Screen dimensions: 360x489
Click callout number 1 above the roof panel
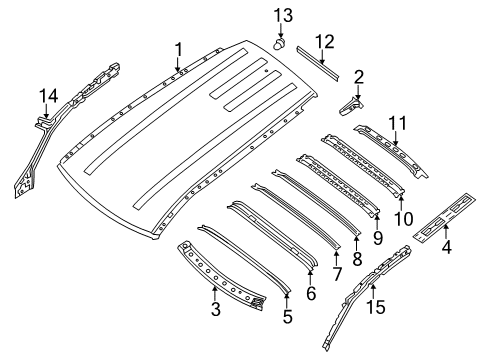pyautogui.click(x=178, y=48)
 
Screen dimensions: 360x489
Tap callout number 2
pyautogui.click(x=358, y=76)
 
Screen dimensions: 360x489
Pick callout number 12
pyautogui.click(x=323, y=41)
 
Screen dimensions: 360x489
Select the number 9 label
pyautogui.click(x=378, y=238)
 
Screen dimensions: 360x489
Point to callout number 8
pyautogui.click(x=358, y=258)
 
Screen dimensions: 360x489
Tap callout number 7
pyautogui.click(x=336, y=272)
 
